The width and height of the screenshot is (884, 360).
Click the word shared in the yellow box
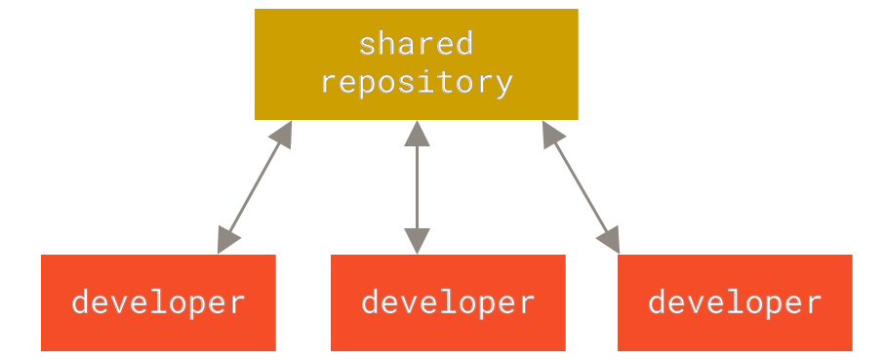(416, 44)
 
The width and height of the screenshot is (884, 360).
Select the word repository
(416, 82)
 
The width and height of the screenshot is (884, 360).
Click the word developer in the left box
(158, 301)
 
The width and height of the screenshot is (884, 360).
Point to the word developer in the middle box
(448, 301)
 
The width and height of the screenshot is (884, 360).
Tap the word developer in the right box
(735, 301)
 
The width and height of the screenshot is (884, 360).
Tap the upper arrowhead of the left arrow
(284, 135)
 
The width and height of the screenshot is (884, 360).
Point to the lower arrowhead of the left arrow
(227, 240)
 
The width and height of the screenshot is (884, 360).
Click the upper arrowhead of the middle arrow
(417, 133)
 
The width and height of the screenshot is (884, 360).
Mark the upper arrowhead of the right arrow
(550, 134)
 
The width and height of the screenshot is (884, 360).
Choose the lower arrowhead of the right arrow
(611, 240)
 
